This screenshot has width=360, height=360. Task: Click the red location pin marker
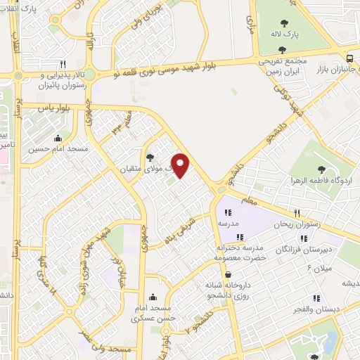(x=181, y=165)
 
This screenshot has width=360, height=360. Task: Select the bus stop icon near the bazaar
(x=350, y=58)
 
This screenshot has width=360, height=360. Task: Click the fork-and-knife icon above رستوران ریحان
(x=298, y=213)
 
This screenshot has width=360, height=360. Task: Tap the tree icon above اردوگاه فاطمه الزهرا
(x=321, y=169)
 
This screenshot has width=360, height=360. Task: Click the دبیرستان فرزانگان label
(x=304, y=249)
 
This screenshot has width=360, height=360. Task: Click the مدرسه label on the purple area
(x=229, y=224)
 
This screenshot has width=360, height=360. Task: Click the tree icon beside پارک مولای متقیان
(x=149, y=157)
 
